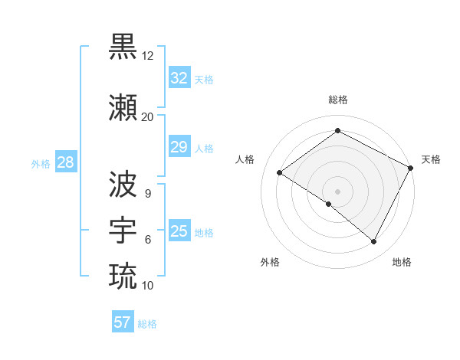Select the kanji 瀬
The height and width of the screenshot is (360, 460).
[x=123, y=108]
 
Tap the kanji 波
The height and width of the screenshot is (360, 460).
[x=123, y=184]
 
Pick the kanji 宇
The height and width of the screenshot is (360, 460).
[x=123, y=229]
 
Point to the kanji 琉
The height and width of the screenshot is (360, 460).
[x=123, y=275]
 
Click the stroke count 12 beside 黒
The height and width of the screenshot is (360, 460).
[x=148, y=56]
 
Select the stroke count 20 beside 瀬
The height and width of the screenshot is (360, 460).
[x=147, y=117]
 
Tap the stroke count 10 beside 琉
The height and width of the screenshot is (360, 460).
[x=147, y=286]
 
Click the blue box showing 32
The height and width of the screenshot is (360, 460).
[x=179, y=78]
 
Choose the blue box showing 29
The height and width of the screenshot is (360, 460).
[x=179, y=147]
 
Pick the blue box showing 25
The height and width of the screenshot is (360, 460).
[x=179, y=231]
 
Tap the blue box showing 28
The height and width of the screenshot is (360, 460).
[x=64, y=162]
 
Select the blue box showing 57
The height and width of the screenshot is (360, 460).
[x=122, y=322]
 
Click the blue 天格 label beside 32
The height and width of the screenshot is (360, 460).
[x=204, y=79]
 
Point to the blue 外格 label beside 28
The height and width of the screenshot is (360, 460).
[x=41, y=163]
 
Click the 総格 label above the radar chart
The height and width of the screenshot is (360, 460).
[x=337, y=100]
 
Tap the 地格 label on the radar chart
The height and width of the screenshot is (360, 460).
[x=402, y=263]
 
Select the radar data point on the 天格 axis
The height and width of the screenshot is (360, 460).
[x=410, y=169]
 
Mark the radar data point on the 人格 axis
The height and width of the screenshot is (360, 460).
[x=279, y=172]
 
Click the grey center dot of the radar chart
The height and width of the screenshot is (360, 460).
[x=337, y=191]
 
